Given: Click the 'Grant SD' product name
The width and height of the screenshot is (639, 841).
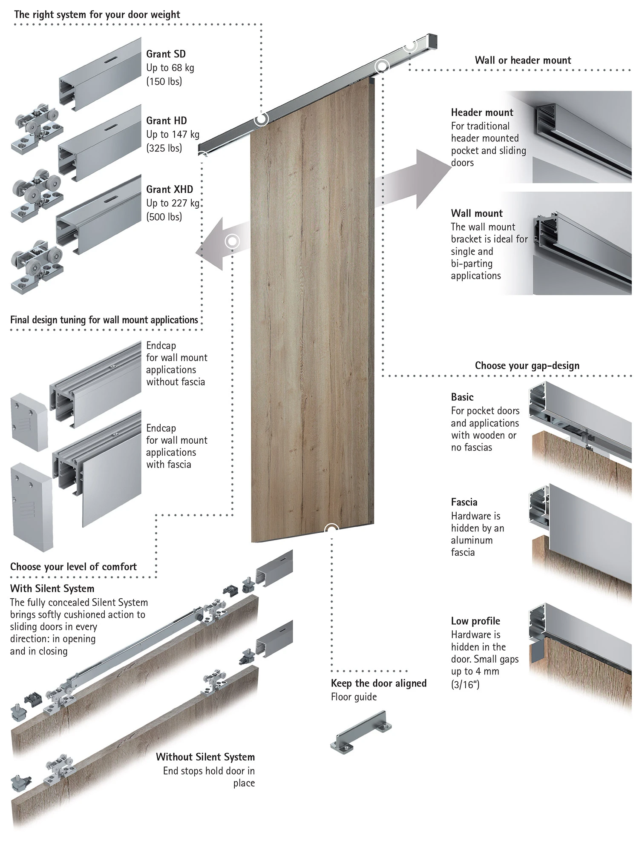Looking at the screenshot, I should [x=166, y=54].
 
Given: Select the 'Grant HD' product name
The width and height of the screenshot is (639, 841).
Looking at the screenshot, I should [x=166, y=121].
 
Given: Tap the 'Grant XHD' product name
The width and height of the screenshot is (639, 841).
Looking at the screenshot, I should [x=169, y=189].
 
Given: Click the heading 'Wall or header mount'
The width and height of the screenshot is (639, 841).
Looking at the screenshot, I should [x=523, y=60].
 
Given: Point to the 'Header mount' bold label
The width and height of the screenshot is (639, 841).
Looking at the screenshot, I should [x=482, y=113].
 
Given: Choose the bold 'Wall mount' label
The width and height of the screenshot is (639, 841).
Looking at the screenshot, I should [x=477, y=214].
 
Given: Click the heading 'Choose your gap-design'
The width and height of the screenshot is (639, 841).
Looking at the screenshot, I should [x=527, y=366].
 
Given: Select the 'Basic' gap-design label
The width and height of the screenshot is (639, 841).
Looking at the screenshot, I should [x=462, y=397].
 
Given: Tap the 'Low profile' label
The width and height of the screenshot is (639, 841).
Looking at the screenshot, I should [x=475, y=621].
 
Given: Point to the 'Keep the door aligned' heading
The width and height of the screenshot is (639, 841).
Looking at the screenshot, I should [x=378, y=683].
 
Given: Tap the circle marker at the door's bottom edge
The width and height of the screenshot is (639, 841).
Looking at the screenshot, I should [x=331, y=529].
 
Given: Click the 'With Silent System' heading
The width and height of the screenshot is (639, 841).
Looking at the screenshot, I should [x=52, y=589].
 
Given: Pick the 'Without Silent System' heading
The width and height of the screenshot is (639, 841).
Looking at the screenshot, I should [x=205, y=757].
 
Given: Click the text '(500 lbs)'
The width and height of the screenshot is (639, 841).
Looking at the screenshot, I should [x=164, y=217].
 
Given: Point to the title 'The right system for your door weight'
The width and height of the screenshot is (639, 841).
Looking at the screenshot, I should [x=97, y=14].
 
